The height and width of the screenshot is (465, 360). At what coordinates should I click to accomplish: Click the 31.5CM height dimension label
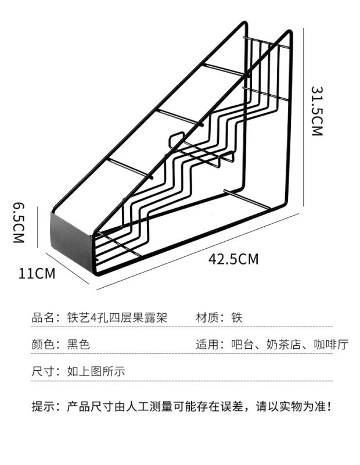click(316, 112)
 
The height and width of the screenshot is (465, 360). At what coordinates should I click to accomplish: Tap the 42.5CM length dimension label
click(234, 259)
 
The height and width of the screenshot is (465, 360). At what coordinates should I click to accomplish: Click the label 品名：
click(46, 318)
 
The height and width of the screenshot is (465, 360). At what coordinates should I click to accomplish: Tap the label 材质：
click(210, 318)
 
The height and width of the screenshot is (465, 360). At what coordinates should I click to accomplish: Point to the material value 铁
click(236, 318)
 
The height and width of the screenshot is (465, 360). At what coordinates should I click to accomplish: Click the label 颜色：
click(46, 344)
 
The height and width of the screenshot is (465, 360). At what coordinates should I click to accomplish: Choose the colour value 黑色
click(78, 344)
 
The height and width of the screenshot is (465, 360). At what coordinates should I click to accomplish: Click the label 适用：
click(210, 344)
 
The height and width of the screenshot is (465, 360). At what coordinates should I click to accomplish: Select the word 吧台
click(241, 344)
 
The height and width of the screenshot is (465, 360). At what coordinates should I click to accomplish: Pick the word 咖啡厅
click(330, 344)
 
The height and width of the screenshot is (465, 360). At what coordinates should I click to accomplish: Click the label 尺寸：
click(46, 371)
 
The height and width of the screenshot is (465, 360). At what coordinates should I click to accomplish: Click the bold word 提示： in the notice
click(46, 406)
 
